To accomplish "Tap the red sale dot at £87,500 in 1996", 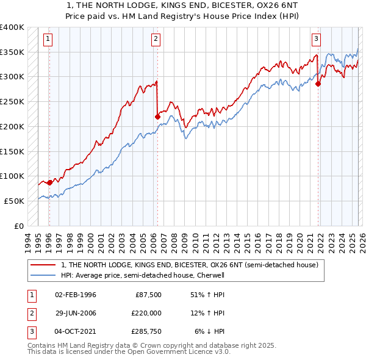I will click(49, 182).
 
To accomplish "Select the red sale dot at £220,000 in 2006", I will click(157, 116).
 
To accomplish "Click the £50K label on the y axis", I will click(13, 201).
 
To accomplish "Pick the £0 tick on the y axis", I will click(18, 226).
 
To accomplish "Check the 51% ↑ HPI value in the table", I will click(210, 295).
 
